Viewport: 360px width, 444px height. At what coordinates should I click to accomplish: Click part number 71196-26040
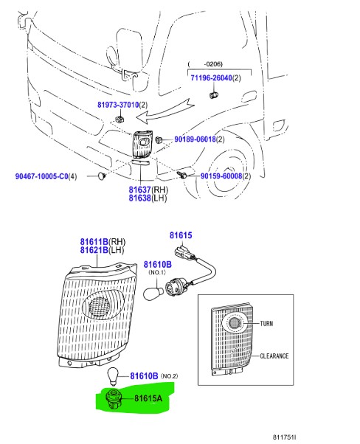[x=211, y=77]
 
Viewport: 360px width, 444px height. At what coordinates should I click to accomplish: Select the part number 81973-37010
[x=118, y=105]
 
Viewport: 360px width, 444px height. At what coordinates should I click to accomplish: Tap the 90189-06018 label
[x=195, y=139]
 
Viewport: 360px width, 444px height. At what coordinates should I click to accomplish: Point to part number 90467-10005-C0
[x=41, y=176]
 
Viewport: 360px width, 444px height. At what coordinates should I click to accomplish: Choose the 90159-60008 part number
[x=221, y=176]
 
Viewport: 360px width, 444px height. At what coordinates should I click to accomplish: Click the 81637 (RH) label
[x=148, y=190]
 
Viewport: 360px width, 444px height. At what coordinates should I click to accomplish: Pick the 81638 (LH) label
[x=148, y=198]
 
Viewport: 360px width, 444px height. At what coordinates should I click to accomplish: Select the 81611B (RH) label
[x=103, y=242]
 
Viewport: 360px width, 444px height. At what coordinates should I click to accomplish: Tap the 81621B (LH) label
[x=102, y=250]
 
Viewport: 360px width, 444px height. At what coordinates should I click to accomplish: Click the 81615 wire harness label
[x=181, y=235]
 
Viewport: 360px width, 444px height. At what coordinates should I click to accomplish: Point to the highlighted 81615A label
[x=148, y=398]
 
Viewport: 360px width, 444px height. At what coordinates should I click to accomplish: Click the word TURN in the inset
[x=266, y=323]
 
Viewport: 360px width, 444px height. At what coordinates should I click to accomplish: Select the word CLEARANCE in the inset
[x=274, y=356]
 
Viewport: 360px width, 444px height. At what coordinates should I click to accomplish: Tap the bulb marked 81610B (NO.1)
[x=153, y=294]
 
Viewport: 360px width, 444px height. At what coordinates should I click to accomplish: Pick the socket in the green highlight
[x=114, y=400]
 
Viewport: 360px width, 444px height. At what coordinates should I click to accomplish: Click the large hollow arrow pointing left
[x=165, y=111]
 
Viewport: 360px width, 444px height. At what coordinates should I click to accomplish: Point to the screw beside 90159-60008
[x=181, y=175]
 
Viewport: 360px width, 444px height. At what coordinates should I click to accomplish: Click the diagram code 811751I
[x=284, y=437]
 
